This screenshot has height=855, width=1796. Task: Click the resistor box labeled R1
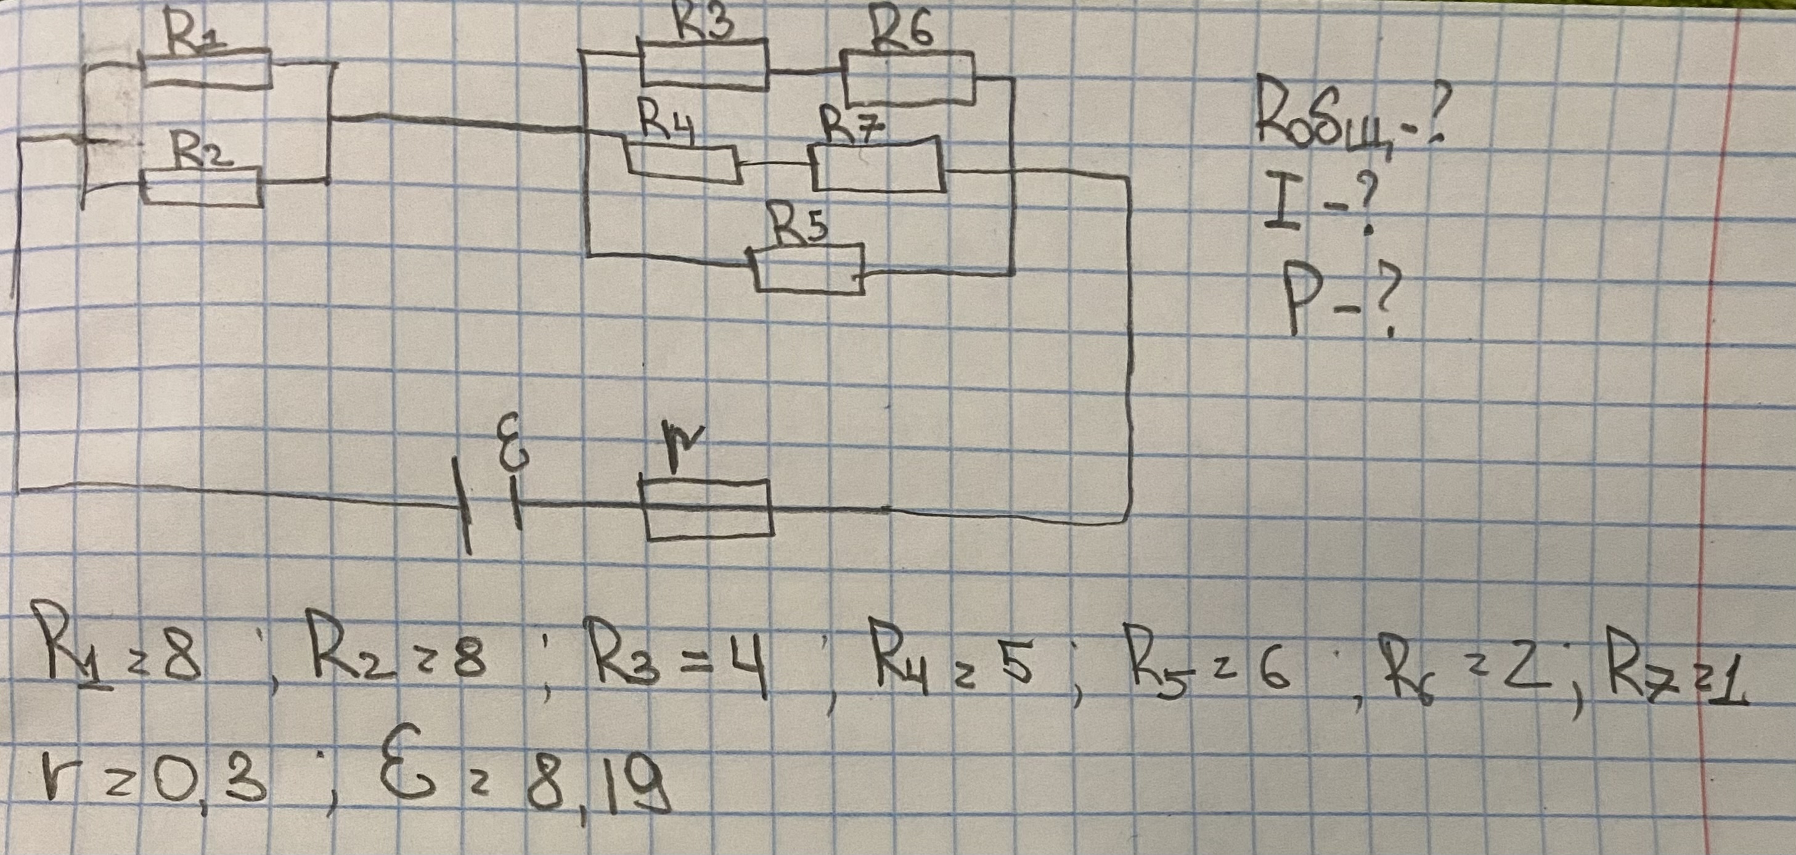pos(207,69)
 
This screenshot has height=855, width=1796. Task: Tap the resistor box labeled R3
pos(703,64)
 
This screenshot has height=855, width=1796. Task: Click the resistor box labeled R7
pos(878,165)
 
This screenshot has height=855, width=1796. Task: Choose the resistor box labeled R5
pos(809,269)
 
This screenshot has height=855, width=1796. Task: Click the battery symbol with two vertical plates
pos(491,504)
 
